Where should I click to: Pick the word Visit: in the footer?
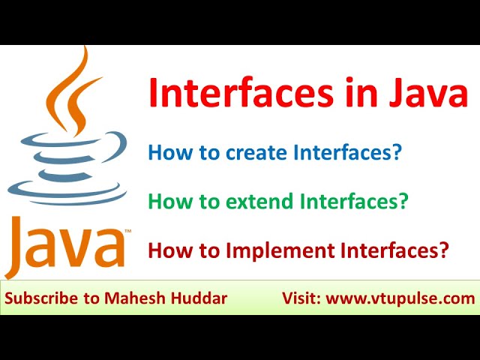(x=301, y=298)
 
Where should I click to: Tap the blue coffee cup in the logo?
(x=71, y=154)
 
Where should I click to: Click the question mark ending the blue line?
(x=396, y=154)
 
